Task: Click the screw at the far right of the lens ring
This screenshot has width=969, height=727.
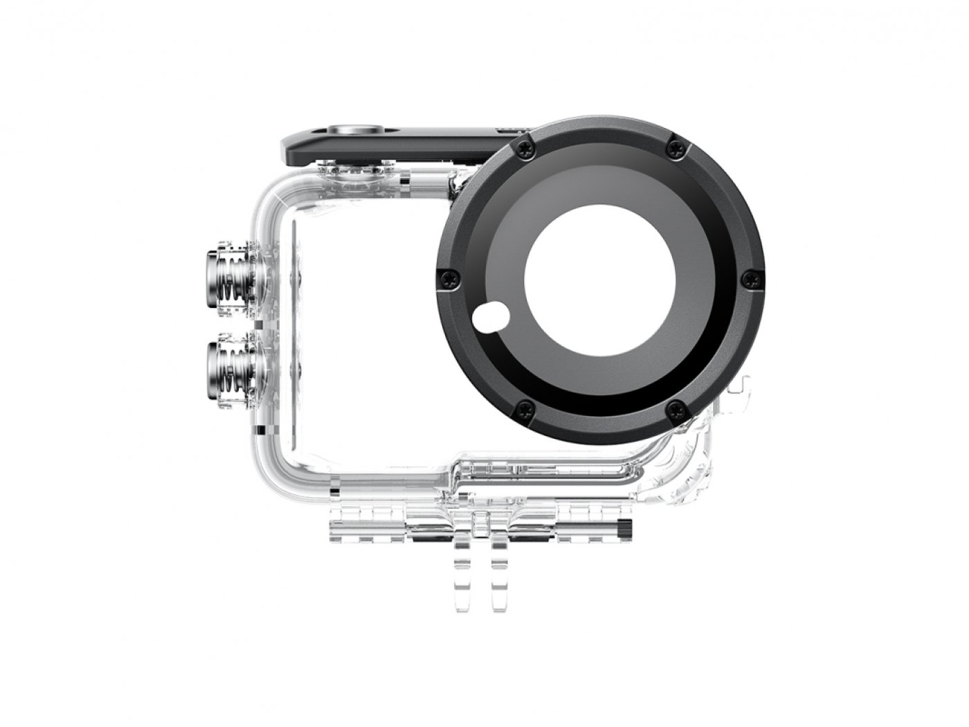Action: click(x=748, y=278)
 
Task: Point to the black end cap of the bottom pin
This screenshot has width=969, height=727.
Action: click(x=624, y=529)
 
